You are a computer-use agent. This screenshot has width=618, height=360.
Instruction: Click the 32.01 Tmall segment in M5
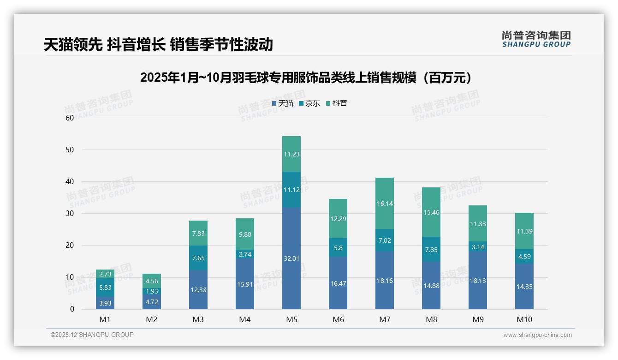(x=291, y=258)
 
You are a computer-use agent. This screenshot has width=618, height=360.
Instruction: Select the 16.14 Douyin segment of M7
(x=385, y=203)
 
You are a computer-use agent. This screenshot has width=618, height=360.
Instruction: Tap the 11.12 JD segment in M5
(x=291, y=190)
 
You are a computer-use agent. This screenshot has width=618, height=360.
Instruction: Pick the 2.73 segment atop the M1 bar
(x=105, y=274)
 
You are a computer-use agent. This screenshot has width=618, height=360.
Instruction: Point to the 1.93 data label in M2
(x=152, y=291)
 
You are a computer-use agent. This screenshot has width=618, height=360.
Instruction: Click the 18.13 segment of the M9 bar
(x=478, y=280)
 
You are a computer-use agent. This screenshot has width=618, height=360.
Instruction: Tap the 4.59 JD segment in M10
(x=524, y=256)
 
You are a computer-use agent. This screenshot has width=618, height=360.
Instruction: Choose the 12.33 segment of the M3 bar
(x=198, y=289)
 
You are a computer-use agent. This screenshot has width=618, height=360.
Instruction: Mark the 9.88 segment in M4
(x=245, y=234)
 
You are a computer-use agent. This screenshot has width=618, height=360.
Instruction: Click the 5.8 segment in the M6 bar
(x=338, y=248)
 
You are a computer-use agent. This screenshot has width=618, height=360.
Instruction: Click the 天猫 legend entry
(x=283, y=103)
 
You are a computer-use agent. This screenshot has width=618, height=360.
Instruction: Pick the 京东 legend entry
(x=309, y=103)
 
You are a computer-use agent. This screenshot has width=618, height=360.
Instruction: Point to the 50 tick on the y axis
(x=70, y=150)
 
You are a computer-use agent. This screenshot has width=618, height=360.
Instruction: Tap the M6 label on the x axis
(x=338, y=319)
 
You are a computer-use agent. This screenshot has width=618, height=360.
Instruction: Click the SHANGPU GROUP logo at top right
(x=536, y=39)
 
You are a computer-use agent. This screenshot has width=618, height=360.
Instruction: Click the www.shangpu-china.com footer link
(x=537, y=335)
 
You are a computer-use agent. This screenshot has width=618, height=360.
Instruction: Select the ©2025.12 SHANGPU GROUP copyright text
(x=92, y=335)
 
